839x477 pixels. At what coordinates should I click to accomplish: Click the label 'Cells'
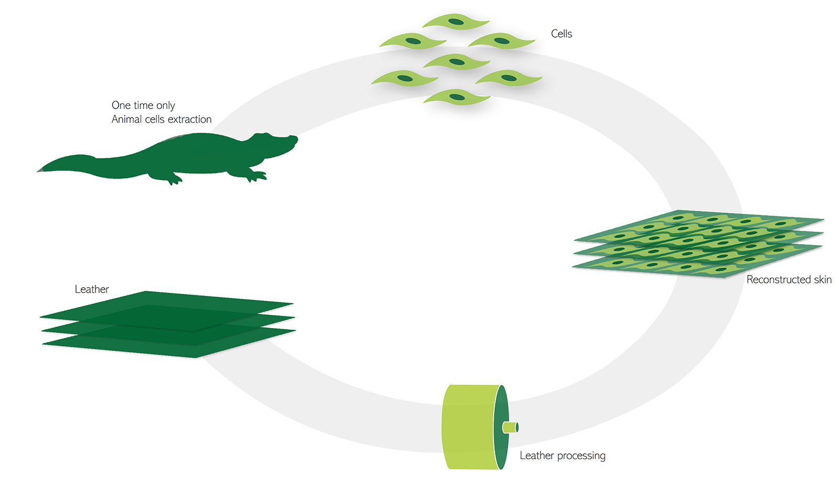(561, 34)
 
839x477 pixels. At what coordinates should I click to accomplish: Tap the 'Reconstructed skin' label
(789, 280)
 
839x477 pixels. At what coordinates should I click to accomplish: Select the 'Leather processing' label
(562, 455)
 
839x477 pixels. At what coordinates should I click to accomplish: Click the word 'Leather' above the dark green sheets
(92, 289)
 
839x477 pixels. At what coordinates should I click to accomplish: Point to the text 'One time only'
(143, 105)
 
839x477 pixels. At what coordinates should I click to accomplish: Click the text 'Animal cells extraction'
(162, 120)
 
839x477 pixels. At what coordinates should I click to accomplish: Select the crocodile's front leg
(255, 175)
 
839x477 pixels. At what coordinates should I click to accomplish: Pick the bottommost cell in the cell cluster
(457, 97)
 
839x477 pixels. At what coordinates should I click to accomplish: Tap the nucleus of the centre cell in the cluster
(457, 62)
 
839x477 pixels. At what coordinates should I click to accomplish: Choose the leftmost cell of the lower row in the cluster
(404, 79)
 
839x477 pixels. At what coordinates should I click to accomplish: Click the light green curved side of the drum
(469, 426)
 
